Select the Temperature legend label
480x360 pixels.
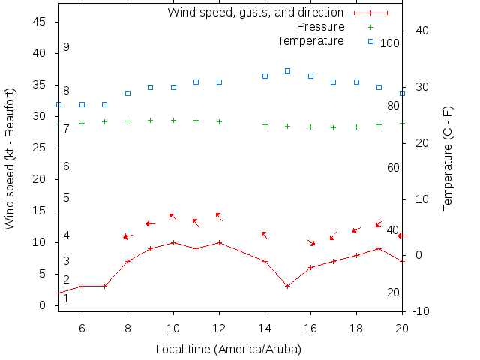pyautogui.click(x=310, y=40)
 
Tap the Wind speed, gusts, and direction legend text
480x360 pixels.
pyautogui.click(x=255, y=13)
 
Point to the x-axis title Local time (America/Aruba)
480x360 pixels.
pyautogui.click(x=229, y=349)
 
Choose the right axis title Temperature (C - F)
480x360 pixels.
pyautogui.click(x=448, y=157)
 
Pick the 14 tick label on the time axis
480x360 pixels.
pyautogui.click(x=265, y=328)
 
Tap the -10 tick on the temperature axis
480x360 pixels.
pyautogui.click(x=421, y=310)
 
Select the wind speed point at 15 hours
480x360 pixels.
pyautogui.click(x=287, y=286)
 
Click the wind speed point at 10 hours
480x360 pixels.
pyautogui.click(x=173, y=242)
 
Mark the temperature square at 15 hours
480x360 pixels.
pyautogui.click(x=287, y=70)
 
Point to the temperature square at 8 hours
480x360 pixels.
pyautogui.click(x=127, y=93)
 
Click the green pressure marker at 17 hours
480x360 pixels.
pyautogui.click(x=333, y=127)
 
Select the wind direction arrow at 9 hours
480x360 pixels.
pyautogui.click(x=150, y=223)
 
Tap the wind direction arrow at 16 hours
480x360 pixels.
pyautogui.click(x=311, y=242)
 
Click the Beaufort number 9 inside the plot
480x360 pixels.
pyautogui.click(x=66, y=47)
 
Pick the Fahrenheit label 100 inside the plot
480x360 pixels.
pyautogui.click(x=390, y=43)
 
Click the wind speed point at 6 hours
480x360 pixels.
pyautogui.click(x=82, y=286)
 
